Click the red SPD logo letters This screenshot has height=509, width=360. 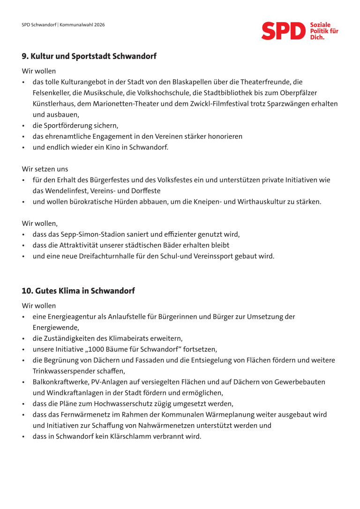pyautogui.click(x=283, y=31)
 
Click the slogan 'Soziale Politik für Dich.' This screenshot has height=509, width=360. pyautogui.click(x=324, y=30)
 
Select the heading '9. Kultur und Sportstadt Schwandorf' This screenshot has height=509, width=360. pyautogui.click(x=89, y=56)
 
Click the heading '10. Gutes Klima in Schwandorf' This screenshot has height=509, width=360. pyautogui.click(x=78, y=291)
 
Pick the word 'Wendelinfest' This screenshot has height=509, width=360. pyautogui.click(x=66, y=191)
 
